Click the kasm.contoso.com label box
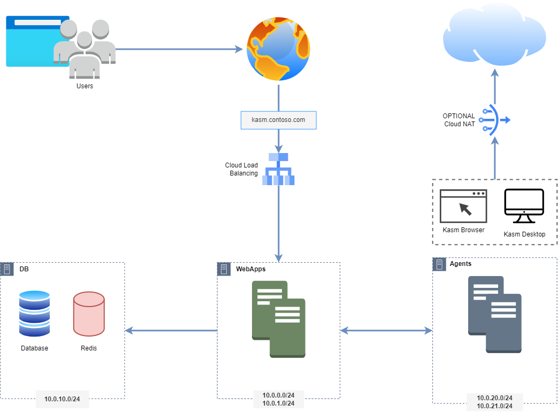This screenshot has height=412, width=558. (278, 120)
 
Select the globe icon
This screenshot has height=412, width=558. (278, 49)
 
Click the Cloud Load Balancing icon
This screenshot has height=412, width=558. (278, 169)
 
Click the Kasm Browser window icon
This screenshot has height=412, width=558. (463, 206)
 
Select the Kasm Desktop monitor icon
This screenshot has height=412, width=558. (524, 206)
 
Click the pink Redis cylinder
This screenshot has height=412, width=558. (89, 314)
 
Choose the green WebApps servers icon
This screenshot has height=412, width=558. (279, 319)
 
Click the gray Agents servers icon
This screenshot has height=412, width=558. (495, 315)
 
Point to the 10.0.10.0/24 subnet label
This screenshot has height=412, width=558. (62, 399)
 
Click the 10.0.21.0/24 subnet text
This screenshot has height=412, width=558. (495, 406)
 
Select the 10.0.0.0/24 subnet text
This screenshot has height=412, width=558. (278, 395)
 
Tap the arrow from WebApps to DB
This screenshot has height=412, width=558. (171, 331)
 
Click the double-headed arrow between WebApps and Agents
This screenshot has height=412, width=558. (386, 331)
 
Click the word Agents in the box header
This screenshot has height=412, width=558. (461, 264)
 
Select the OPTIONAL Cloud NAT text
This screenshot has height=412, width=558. (459, 120)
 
